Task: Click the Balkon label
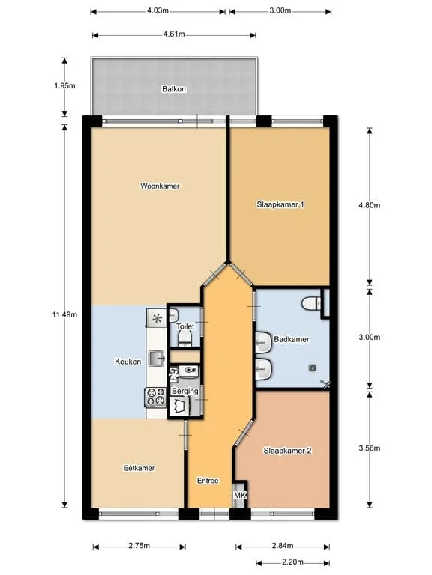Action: (173, 89)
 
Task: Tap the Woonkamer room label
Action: (160, 186)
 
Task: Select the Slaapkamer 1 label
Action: (280, 204)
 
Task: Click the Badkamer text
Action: (292, 339)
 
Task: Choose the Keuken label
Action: (127, 362)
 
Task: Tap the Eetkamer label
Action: (139, 468)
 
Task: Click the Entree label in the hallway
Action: (208, 480)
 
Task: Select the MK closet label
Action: (240, 496)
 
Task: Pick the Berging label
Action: (184, 391)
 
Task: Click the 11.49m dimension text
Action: (65, 314)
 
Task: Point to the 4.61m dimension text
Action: (174, 34)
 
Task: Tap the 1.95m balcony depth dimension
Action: (65, 86)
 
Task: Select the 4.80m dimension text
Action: (370, 205)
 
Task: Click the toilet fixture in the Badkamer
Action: (312, 304)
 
